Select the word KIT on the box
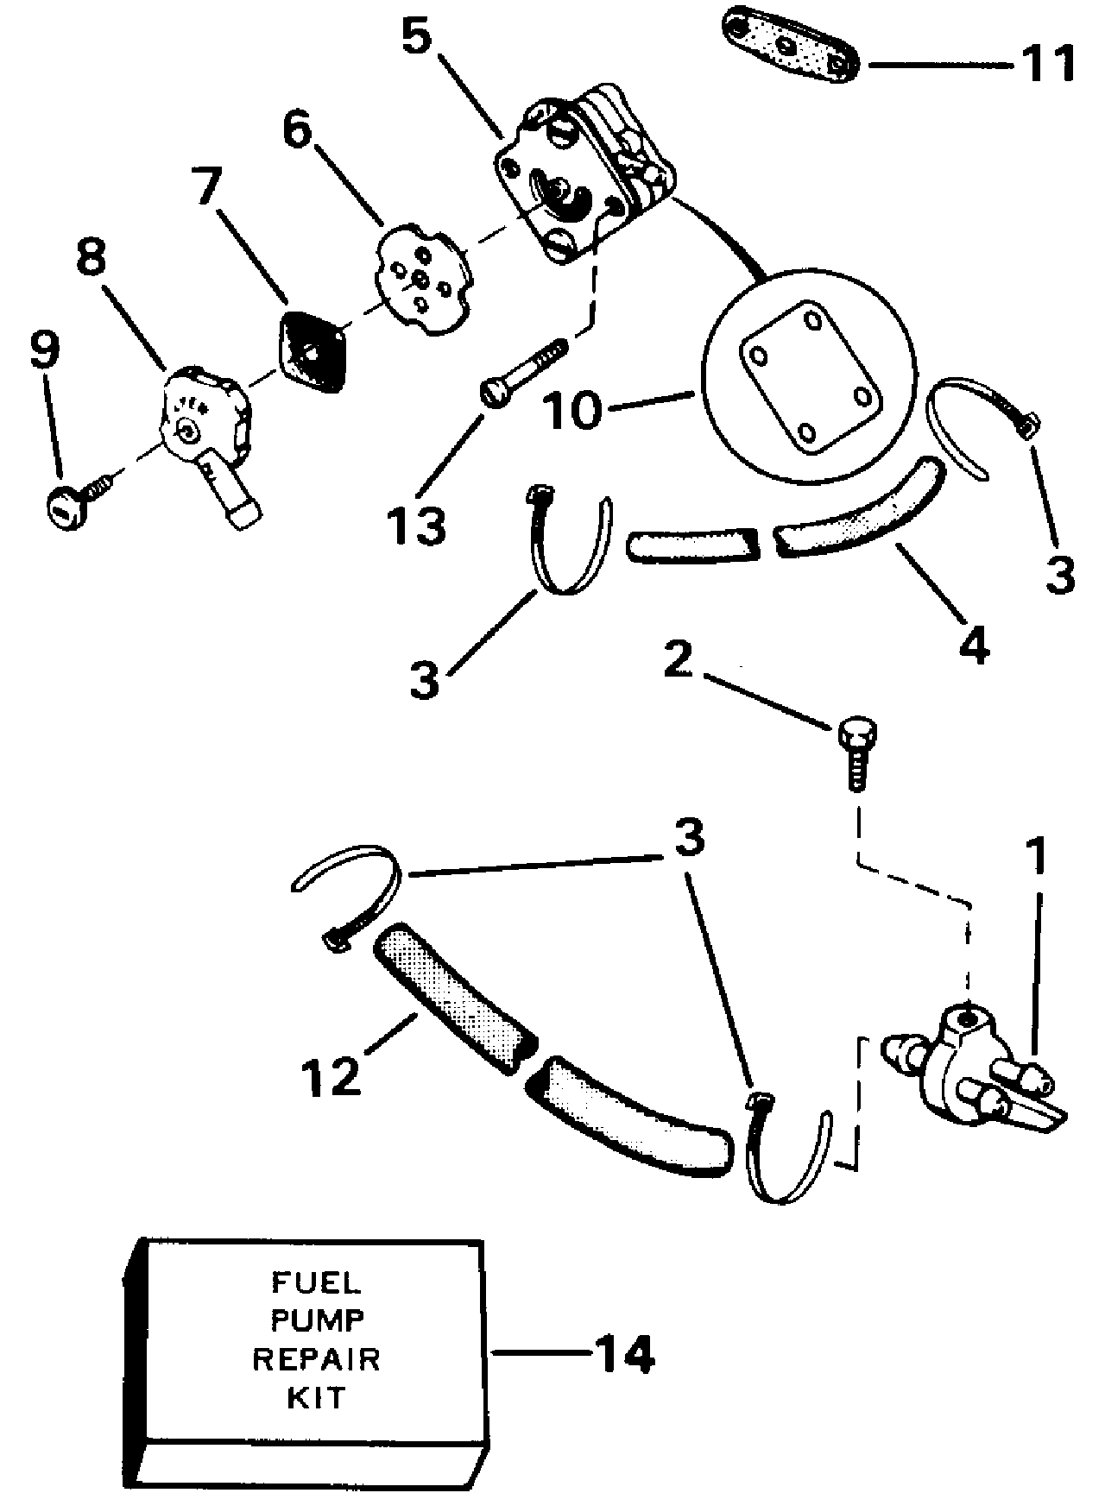pyautogui.click(x=315, y=1398)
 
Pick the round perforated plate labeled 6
pyautogui.click(x=424, y=274)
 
